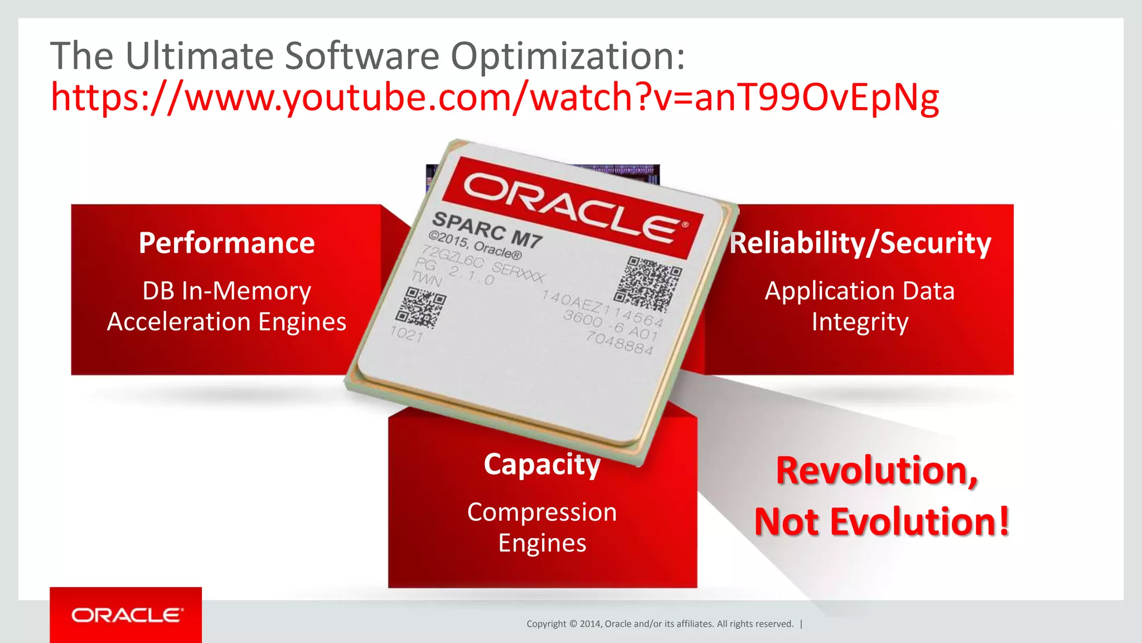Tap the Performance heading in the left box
tap(226, 243)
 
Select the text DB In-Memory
tap(226, 291)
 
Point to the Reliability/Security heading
tap(860, 243)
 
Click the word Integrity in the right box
tap(860, 322)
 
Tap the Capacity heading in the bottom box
tap(542, 464)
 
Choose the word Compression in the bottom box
tap(542, 512)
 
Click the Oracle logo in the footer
tap(127, 615)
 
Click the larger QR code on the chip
tap(648, 284)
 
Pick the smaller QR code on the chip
tap(425, 307)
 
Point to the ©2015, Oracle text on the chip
tap(475, 246)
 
